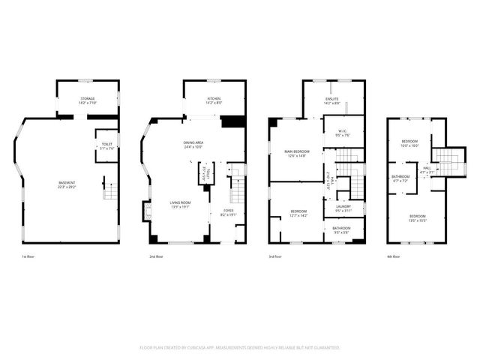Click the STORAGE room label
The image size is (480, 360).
88,98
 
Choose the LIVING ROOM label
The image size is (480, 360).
179,202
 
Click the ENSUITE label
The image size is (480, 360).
332,98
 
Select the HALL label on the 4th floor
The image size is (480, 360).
425,168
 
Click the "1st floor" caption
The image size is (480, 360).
29,256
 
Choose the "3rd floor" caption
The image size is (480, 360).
276,256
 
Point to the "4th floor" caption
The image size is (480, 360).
394,256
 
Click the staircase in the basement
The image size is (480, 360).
110,190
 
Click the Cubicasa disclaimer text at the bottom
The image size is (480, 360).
240,347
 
